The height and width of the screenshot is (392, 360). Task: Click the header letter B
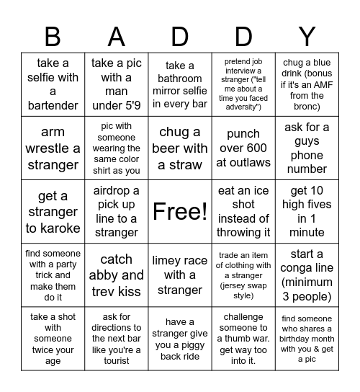click(x=53, y=36)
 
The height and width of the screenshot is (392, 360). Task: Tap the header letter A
click(x=117, y=36)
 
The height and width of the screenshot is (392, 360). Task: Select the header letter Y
click(x=307, y=36)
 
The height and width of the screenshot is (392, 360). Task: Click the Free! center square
click(x=180, y=211)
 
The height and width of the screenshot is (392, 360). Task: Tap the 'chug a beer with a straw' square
click(x=180, y=148)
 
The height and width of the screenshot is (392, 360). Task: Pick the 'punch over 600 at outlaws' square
click(x=243, y=148)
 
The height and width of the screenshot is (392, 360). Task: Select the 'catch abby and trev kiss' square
click(x=117, y=275)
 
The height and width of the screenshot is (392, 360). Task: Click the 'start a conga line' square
click(x=307, y=275)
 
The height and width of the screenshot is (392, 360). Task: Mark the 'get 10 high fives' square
click(x=307, y=211)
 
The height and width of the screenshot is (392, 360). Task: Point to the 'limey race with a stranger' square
click(x=180, y=275)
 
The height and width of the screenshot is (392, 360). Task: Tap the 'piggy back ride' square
click(x=180, y=338)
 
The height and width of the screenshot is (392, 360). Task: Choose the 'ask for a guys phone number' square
click(x=307, y=148)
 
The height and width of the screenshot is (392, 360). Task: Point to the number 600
click(x=256, y=148)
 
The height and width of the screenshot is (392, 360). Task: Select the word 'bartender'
click(x=53, y=106)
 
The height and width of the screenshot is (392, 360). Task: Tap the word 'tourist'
click(x=117, y=360)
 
